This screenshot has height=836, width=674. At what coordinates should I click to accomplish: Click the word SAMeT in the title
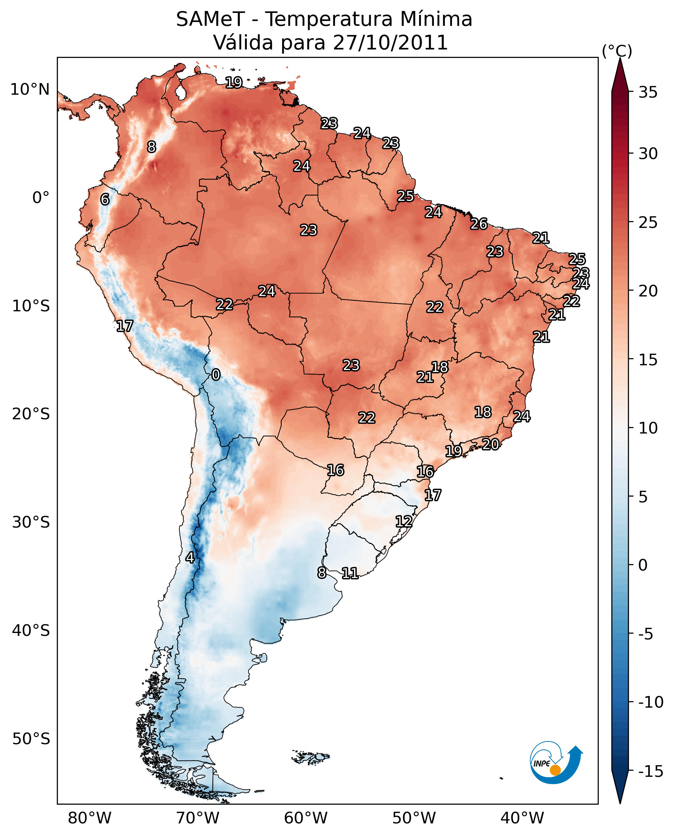pos(210,19)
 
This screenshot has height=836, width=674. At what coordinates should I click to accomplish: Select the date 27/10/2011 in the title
pos(390,42)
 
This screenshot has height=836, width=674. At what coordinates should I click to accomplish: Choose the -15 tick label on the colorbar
pos(651,771)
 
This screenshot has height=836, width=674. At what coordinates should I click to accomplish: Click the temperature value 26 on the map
pos(479,224)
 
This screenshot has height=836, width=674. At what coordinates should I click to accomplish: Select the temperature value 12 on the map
pos(404,521)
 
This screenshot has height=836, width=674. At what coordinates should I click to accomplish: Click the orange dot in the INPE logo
pos(556,770)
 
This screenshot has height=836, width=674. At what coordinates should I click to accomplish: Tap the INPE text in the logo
pos(542,764)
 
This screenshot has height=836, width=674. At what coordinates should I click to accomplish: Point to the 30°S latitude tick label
pos(31,522)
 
